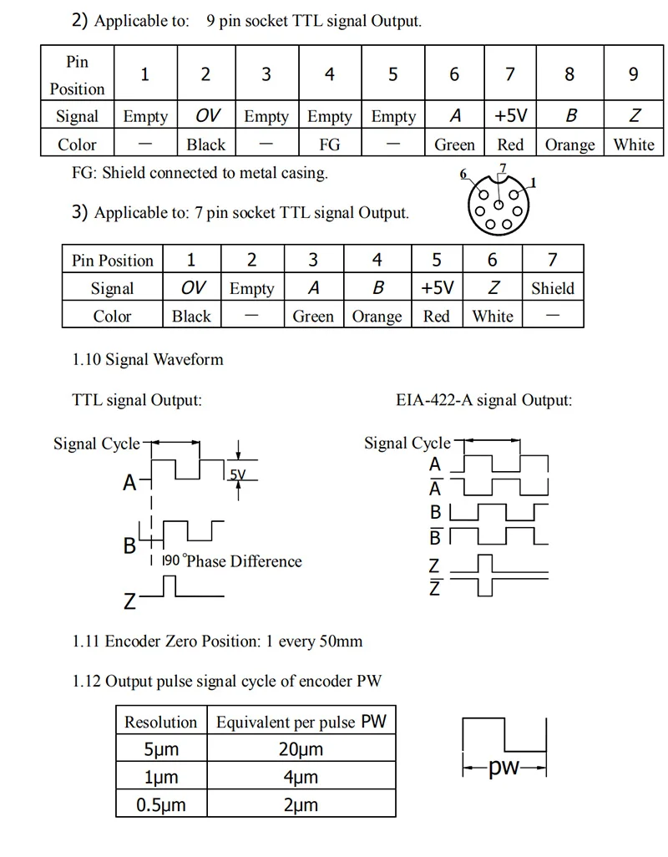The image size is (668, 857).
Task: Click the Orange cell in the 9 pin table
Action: tap(569, 145)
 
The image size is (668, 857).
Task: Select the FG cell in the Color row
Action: tap(330, 145)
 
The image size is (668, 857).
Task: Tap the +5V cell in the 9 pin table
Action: tap(510, 116)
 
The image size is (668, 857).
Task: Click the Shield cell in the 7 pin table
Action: tap(552, 288)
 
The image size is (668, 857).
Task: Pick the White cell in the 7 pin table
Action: tap(493, 317)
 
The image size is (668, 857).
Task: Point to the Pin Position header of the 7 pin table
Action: tap(113, 260)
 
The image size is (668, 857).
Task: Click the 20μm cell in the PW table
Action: tap(301, 749)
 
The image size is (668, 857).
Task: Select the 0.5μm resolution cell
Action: tap(161, 805)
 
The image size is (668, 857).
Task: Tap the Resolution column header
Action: tap(161, 722)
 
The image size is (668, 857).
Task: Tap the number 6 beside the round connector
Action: tap(463, 175)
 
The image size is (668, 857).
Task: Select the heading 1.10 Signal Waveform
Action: tap(148, 360)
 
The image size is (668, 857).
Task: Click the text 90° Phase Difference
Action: tap(232, 560)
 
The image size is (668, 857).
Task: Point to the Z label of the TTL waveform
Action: tap(130, 600)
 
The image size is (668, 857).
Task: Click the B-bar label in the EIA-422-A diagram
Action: tap(435, 535)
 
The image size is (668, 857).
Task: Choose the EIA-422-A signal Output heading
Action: tap(484, 400)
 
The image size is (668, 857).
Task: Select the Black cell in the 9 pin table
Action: tap(206, 145)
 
